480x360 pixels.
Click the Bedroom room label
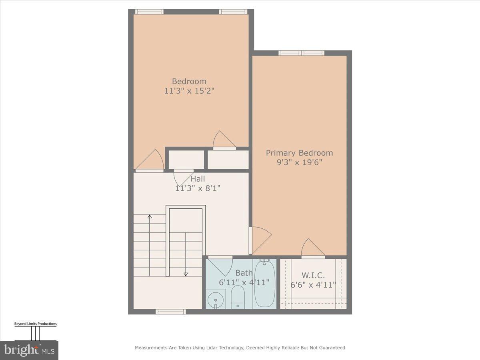coord(189,81)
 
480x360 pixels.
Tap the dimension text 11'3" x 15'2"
coord(189,91)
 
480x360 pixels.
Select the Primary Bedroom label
coord(299,153)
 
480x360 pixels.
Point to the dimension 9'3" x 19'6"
coord(299,162)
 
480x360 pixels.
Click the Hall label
coord(198,179)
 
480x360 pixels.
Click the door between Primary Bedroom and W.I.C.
coord(312,249)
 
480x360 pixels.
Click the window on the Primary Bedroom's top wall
coord(301,53)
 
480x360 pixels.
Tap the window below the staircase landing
coord(171,312)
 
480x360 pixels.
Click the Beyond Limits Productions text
coord(35,324)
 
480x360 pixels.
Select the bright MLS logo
coord(29,350)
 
